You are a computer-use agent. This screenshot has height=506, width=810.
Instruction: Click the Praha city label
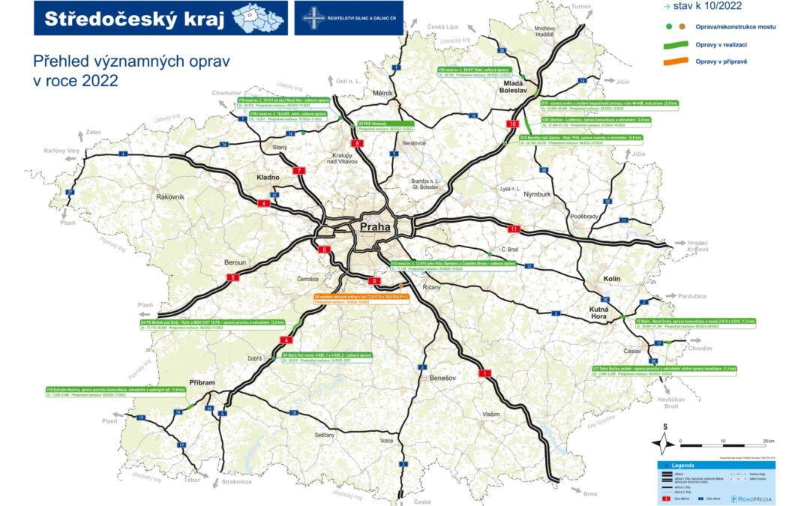[x=376, y=227]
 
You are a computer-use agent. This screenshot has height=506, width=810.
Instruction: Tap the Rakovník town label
[x=170, y=196]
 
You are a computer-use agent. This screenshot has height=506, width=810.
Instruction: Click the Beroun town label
[x=235, y=262]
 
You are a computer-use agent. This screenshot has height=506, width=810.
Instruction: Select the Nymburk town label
[x=536, y=194]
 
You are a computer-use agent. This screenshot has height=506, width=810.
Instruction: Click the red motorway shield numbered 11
[x=514, y=229]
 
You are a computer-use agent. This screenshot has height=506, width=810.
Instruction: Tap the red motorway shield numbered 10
[x=513, y=124]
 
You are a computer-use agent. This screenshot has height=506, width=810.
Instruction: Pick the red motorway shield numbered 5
[x=232, y=277]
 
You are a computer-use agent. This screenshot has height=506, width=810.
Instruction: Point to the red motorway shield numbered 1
[x=485, y=373]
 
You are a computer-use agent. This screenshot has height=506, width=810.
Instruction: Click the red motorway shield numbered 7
[x=300, y=171]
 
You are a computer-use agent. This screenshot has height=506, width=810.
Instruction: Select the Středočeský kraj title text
[x=135, y=19]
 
